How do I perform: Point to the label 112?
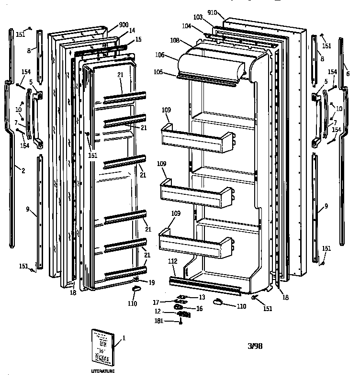coord(172,261)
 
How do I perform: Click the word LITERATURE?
coord(103,371)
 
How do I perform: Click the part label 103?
coord(198,17)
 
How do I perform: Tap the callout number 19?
coord(151,282)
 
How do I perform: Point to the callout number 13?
coord(202,297)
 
